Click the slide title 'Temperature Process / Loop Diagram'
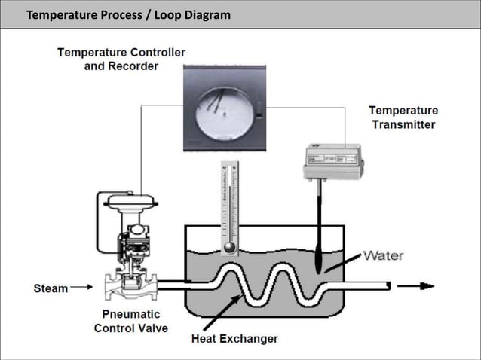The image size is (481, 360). [x=128, y=15]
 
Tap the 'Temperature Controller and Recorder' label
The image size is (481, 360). [x=121, y=59]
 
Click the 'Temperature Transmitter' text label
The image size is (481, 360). [x=404, y=117]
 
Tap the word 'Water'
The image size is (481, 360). [x=383, y=255]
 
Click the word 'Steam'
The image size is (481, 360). [x=51, y=288]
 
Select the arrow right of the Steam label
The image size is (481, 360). [x=81, y=288]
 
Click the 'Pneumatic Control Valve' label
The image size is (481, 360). [x=131, y=321]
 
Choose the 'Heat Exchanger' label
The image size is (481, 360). [x=234, y=338]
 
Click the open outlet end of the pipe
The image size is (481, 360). [x=387, y=285]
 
